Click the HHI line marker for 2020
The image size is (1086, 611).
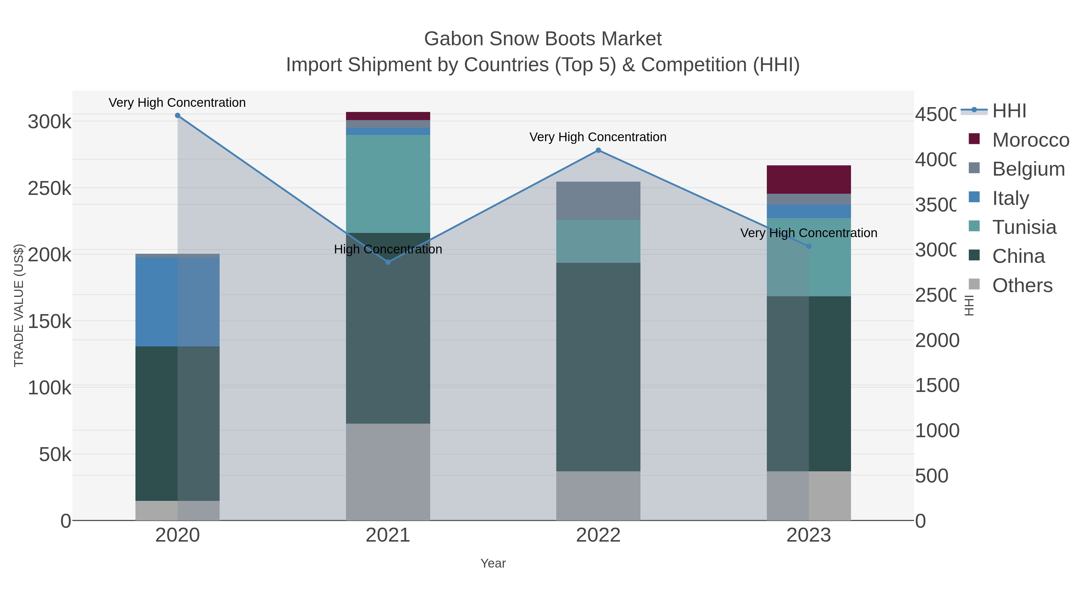click(177, 116)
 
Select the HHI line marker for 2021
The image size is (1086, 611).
click(388, 262)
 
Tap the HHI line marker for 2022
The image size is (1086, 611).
click(598, 151)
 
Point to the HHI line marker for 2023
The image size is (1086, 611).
click(808, 246)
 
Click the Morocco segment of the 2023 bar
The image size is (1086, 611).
click(808, 180)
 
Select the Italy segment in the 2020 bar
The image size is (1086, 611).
click(177, 302)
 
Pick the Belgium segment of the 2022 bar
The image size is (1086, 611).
click(598, 201)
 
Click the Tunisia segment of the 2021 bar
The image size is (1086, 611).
click(388, 184)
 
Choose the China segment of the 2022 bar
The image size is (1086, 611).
click(598, 367)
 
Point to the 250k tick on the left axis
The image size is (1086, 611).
click(49, 189)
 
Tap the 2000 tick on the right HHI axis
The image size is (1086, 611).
click(937, 340)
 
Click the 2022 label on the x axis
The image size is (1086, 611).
click(598, 536)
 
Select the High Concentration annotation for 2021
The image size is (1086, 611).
click(388, 249)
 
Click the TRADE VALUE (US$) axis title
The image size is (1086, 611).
click(19, 305)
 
